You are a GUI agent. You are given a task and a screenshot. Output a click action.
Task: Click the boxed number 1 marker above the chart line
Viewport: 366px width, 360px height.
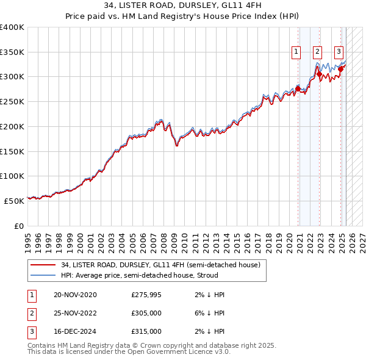tap(296, 52)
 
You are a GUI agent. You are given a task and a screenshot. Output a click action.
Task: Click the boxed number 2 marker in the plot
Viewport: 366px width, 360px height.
tap(317, 52)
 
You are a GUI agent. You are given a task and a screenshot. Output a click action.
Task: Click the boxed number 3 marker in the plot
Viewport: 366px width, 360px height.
tap(339, 52)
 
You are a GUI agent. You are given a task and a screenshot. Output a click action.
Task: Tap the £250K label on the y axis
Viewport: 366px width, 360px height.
tap(12, 101)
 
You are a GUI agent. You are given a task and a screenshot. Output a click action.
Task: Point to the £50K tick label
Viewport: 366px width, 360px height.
tap(14, 200)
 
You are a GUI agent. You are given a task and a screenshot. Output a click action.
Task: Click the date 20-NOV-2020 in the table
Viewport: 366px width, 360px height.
tap(75, 295)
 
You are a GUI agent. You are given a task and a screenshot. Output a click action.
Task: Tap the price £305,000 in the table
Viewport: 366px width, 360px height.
tap(146, 313)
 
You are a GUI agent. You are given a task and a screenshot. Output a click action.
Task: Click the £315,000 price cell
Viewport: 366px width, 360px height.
tap(146, 331)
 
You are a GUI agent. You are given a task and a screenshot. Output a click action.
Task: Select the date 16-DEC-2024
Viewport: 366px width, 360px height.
tap(75, 331)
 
